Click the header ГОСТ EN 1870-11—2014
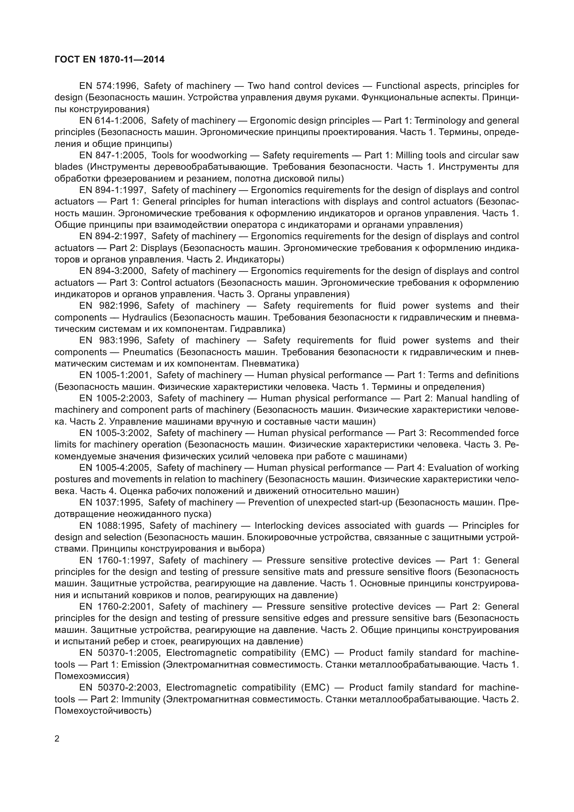(110, 59)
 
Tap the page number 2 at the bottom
(57, 739)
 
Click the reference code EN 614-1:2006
(112, 120)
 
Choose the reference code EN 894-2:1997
(112, 236)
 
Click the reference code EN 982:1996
(110, 305)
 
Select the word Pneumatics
(148, 352)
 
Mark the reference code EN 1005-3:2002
(116, 433)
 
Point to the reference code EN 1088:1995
(111, 526)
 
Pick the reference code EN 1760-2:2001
(116, 606)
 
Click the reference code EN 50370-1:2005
(120, 653)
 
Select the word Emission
(140, 664)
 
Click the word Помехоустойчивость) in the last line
(103, 711)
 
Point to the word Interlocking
(279, 526)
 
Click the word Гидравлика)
(258, 329)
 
